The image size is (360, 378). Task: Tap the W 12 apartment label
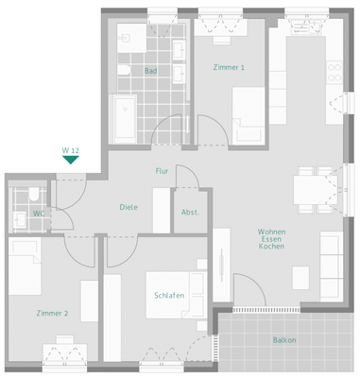(70, 149)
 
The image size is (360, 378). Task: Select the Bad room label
(150, 72)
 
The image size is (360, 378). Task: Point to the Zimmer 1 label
(230, 67)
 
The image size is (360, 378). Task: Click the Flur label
(163, 171)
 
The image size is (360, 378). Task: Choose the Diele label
(129, 206)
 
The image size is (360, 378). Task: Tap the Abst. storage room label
(189, 213)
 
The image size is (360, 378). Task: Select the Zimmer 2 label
(51, 313)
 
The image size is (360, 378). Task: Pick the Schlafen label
(168, 296)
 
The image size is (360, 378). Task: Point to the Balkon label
(283, 340)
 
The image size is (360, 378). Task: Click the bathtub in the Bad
(126, 119)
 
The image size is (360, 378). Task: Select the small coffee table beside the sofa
(300, 277)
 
